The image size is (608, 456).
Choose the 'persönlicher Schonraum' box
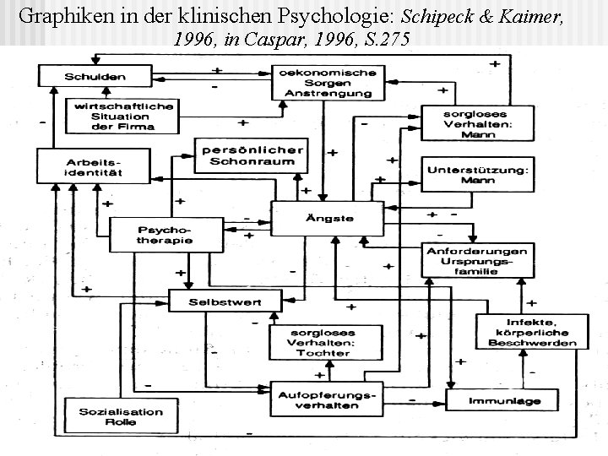(x=249, y=155)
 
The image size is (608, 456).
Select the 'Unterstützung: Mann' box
(x=477, y=174)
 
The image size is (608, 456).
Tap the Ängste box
(x=328, y=218)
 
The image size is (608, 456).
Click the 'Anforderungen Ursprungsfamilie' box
(x=477, y=260)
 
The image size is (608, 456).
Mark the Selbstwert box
(x=225, y=301)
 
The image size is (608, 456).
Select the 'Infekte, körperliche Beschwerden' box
(x=529, y=331)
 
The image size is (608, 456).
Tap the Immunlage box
(x=504, y=400)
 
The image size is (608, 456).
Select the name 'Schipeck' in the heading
(x=439, y=15)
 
